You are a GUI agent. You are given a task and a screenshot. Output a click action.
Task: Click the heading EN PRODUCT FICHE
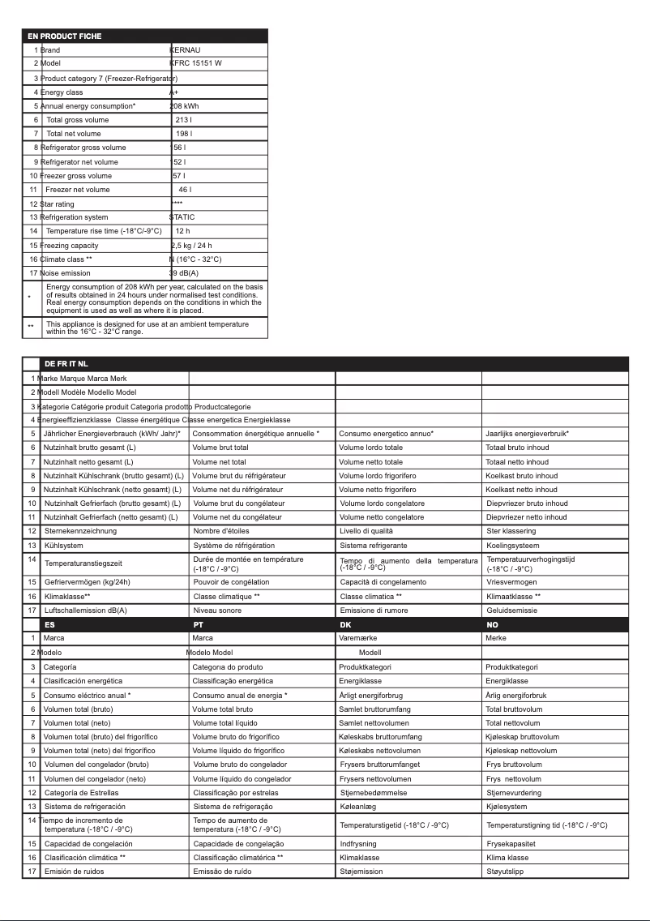[x=65, y=36]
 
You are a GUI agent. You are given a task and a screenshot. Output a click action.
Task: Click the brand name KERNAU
[x=186, y=50]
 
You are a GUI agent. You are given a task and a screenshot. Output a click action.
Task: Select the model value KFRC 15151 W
[x=195, y=63]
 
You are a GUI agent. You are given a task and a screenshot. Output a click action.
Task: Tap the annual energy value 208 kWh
[x=185, y=106]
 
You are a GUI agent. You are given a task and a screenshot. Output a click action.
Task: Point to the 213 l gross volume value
[x=183, y=120]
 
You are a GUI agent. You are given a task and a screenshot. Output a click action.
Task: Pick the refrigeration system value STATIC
[x=182, y=217]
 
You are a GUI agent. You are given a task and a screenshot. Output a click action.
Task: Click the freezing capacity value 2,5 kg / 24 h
[x=191, y=246]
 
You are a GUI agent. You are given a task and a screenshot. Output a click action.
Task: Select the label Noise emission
[x=66, y=273]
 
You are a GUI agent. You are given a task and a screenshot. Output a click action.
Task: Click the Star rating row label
[x=58, y=204]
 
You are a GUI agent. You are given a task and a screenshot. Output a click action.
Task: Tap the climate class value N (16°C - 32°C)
[x=195, y=259]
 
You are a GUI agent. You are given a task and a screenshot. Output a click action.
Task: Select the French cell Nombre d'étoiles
[x=221, y=531]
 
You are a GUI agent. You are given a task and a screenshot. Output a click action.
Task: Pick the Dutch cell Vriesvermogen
[x=511, y=582]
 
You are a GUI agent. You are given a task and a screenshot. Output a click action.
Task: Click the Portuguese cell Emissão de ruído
[x=223, y=872]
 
